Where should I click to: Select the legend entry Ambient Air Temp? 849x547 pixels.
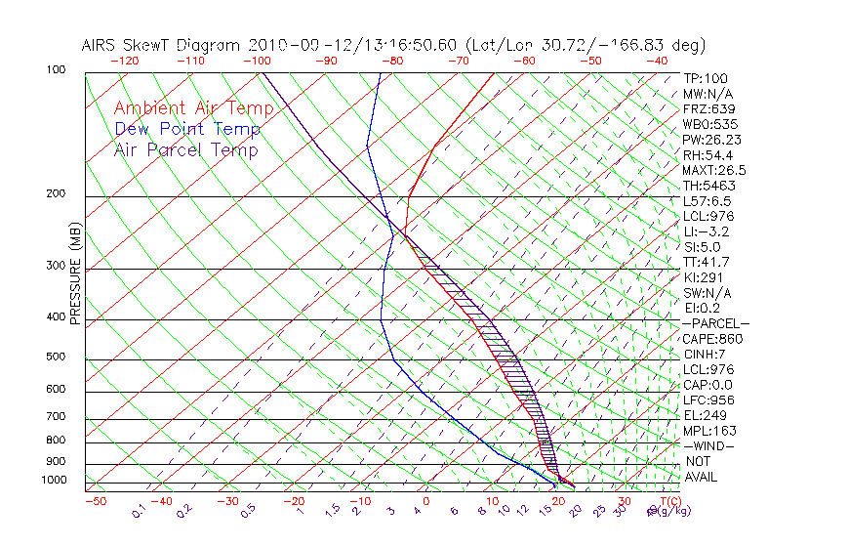click(194, 108)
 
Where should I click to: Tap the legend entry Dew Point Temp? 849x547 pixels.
click(187, 129)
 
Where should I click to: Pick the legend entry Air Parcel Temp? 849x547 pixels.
click(186, 149)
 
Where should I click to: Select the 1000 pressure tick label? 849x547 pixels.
click(56, 481)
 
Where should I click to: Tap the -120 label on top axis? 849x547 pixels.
click(124, 61)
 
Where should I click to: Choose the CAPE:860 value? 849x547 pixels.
click(712, 339)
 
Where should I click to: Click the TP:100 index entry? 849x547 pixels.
click(705, 78)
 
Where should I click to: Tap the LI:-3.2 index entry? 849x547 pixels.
click(706, 231)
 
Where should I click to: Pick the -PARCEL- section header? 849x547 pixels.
click(715, 323)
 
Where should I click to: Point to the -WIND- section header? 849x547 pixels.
click(709, 445)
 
